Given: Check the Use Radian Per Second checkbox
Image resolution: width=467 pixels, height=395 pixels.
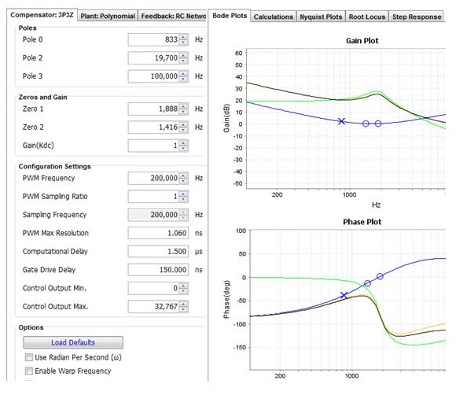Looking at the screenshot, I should pyautogui.click(x=28, y=358).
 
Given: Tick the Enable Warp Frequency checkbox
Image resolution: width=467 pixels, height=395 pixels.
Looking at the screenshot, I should pyautogui.click(x=28, y=371).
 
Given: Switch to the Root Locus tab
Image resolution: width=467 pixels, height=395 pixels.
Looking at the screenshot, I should pyautogui.click(x=366, y=17).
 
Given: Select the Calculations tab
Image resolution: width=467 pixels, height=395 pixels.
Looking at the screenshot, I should pyautogui.click(x=274, y=17).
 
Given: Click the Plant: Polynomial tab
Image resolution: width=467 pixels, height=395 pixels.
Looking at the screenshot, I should pyautogui.click(x=108, y=17).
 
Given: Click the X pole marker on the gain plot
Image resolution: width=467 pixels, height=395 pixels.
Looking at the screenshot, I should pyautogui.click(x=341, y=121).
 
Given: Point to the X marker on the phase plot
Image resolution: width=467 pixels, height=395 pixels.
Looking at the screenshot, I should pyautogui.click(x=344, y=295).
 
